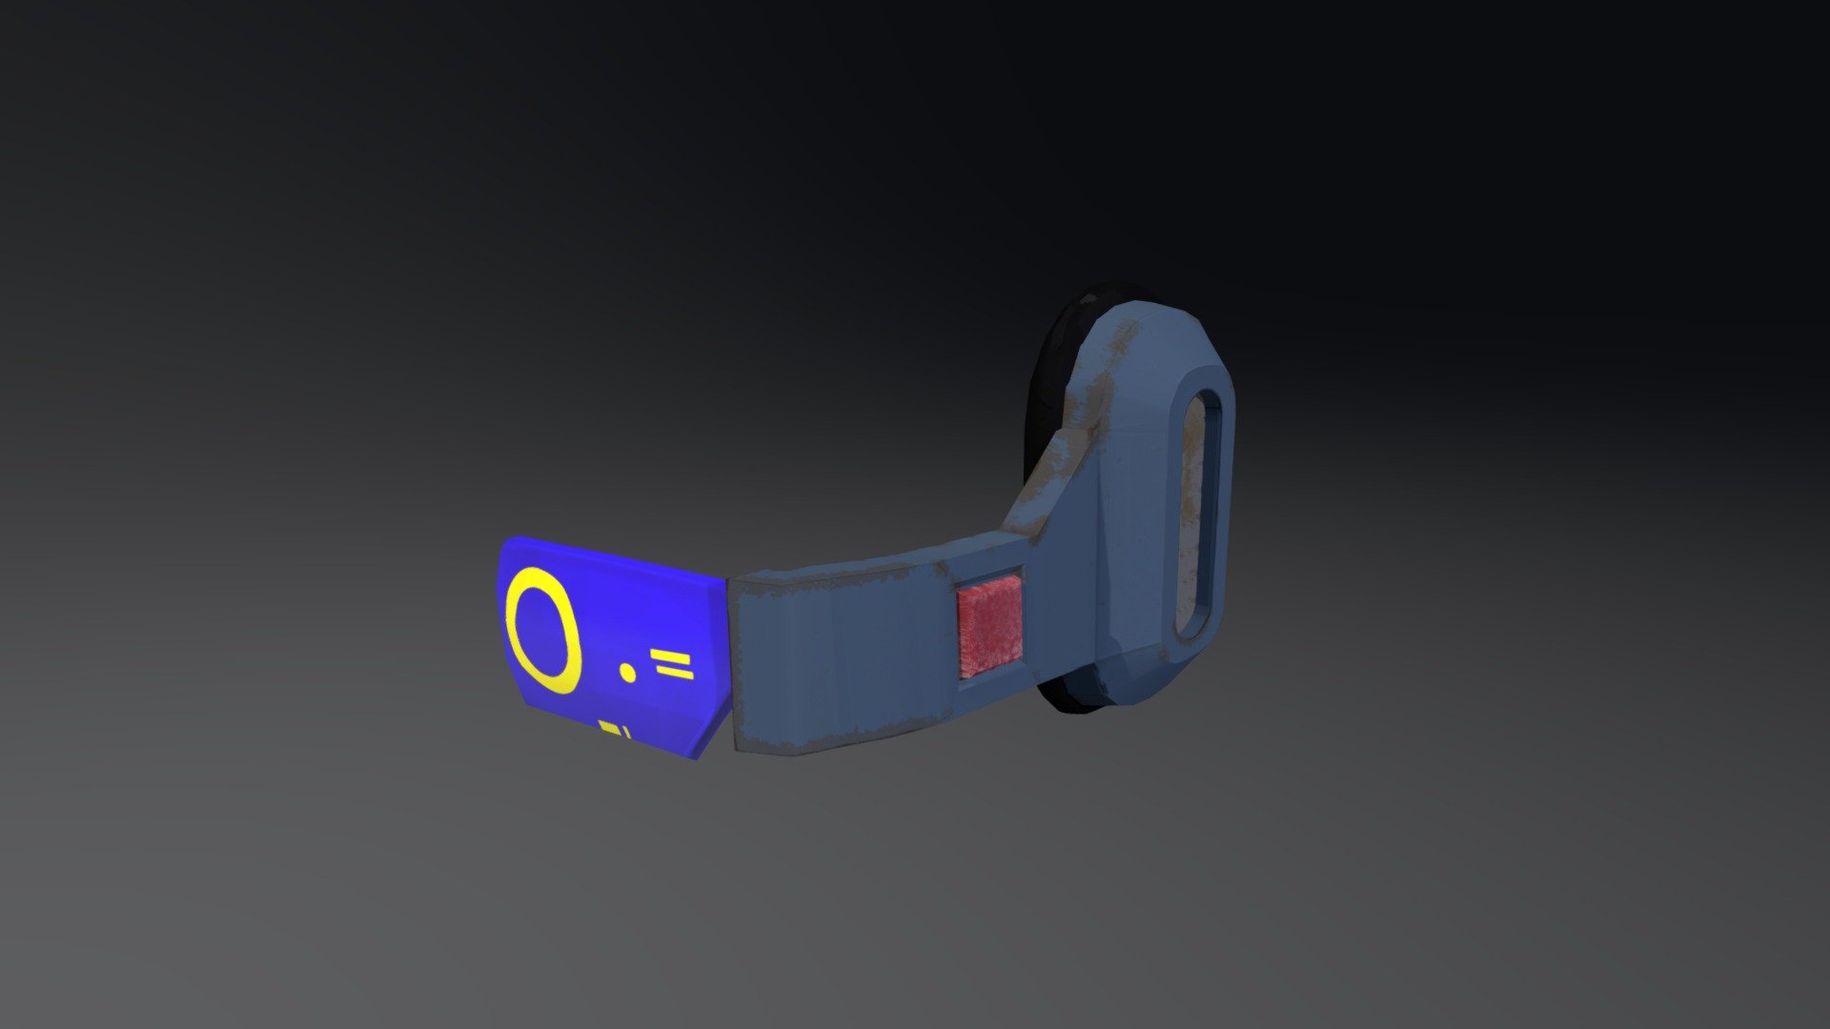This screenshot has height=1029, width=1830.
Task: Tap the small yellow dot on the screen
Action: (x=627, y=673)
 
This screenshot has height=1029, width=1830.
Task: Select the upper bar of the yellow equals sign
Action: (x=673, y=657)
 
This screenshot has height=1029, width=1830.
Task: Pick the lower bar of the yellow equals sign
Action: (x=675, y=675)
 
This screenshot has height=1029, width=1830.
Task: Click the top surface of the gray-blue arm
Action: (x=858, y=562)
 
